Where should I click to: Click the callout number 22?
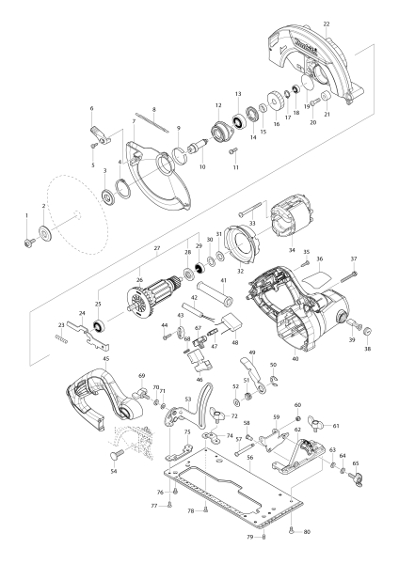coord(326,23)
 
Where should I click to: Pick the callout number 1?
coord(27,216)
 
